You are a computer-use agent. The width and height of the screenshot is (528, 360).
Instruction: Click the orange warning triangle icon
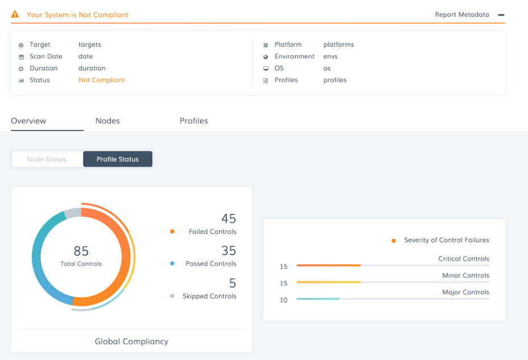pos(15,14)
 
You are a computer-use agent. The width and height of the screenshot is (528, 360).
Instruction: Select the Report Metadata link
pos(462,15)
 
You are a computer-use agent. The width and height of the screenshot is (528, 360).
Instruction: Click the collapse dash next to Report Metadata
pos(501,15)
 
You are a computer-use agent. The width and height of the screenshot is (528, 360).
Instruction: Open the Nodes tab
pos(107,121)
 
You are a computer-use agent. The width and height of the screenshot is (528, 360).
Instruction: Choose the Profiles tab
pos(194,121)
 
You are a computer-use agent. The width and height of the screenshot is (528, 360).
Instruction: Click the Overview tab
pos(28,121)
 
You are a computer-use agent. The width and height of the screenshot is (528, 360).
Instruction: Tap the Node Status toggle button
pos(47,159)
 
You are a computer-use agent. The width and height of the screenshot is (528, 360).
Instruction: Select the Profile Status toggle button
pos(118,159)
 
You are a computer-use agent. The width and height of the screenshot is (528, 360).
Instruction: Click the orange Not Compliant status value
pos(102,80)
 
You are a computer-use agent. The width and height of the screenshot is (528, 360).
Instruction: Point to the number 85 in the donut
pos(81,251)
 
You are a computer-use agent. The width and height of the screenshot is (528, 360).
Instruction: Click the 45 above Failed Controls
pos(228,219)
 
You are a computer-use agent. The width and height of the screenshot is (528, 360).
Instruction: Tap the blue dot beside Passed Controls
pos(172,263)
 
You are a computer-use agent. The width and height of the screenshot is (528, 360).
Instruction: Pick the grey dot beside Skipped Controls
pos(172,296)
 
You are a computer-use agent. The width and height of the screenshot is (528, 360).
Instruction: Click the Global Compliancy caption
pos(131,341)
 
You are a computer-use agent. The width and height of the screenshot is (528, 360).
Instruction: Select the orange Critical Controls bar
pos(329,265)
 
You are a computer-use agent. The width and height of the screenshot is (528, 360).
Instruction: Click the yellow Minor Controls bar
pos(329,282)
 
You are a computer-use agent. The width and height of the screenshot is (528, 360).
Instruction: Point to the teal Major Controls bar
pos(318,299)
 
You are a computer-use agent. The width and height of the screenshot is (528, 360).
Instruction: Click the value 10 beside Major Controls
pos(284,300)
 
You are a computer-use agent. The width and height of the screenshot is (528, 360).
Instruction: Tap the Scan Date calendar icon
pos(21,57)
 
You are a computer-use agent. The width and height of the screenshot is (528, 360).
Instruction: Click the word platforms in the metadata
pos(339,44)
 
